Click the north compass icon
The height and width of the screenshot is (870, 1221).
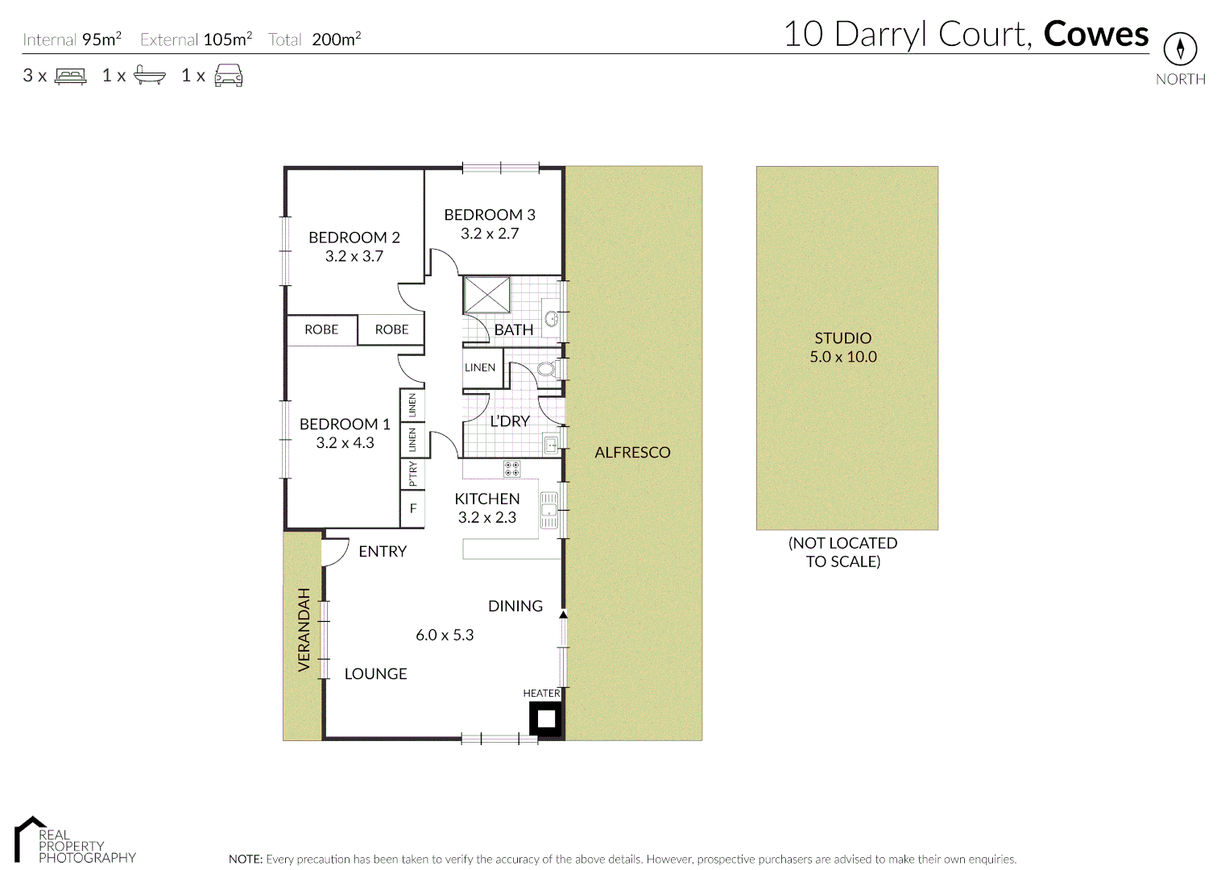[1180, 49]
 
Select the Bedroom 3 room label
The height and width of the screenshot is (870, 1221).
[489, 214]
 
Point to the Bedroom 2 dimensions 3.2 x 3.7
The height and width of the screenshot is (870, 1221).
[354, 256]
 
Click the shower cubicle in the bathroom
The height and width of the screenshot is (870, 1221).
[486, 294]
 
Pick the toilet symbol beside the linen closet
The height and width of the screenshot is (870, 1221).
[546, 369]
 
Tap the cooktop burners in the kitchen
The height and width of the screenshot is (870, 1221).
[511, 468]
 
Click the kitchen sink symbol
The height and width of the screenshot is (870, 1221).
[548, 510]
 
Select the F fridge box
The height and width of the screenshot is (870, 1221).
[412, 508]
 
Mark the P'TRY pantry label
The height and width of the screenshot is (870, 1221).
[412, 473]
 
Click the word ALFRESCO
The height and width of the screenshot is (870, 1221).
[632, 453]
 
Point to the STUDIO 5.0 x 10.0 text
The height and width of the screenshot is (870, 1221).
[843, 347]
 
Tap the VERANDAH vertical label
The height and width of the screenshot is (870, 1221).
[304, 629]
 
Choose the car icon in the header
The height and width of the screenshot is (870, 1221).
[229, 76]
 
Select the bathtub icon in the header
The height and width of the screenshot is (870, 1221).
[149, 76]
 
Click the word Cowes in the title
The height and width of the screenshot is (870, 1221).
[1095, 35]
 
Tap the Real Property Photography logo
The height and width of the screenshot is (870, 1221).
[74, 841]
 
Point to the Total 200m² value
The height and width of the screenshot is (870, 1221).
[336, 39]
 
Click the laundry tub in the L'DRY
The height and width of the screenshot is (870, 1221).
[552, 444]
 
